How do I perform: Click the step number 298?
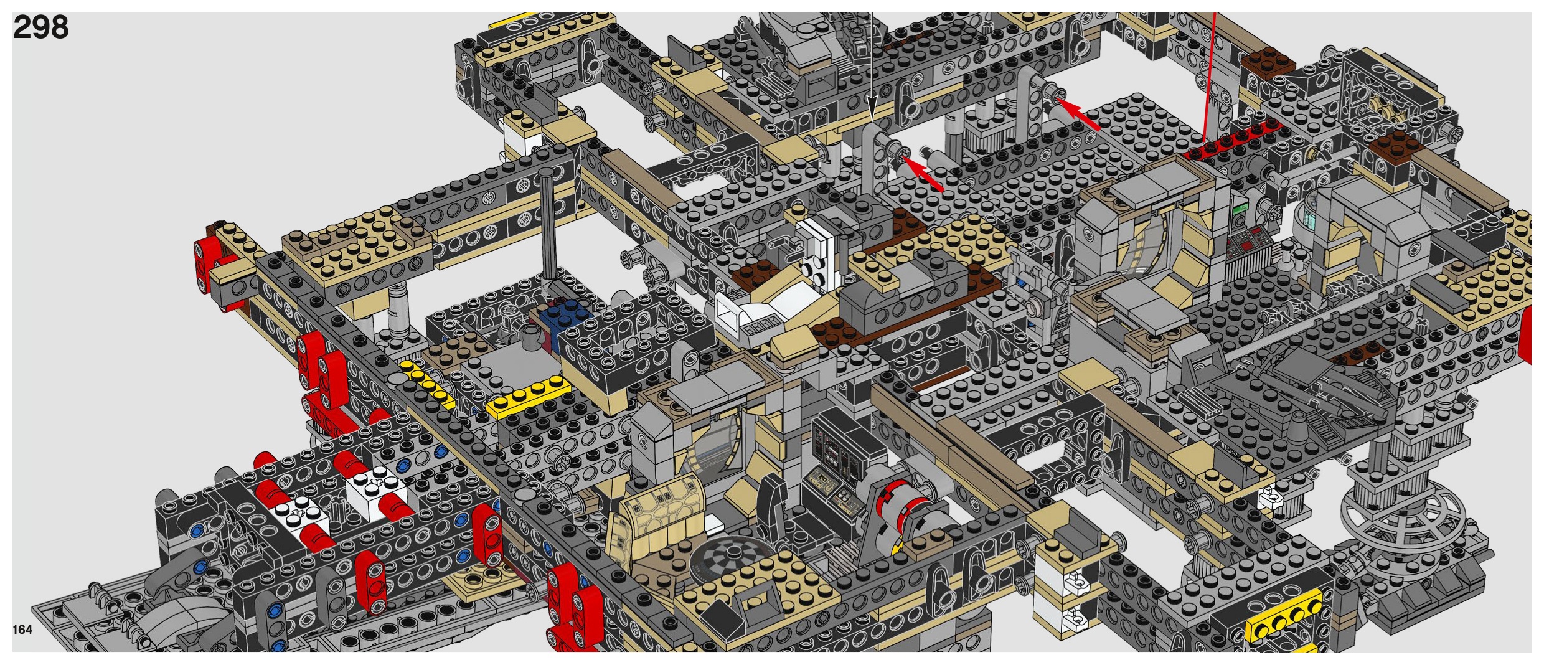(40, 27)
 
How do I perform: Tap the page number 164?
(22, 630)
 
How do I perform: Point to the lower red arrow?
(923, 173)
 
